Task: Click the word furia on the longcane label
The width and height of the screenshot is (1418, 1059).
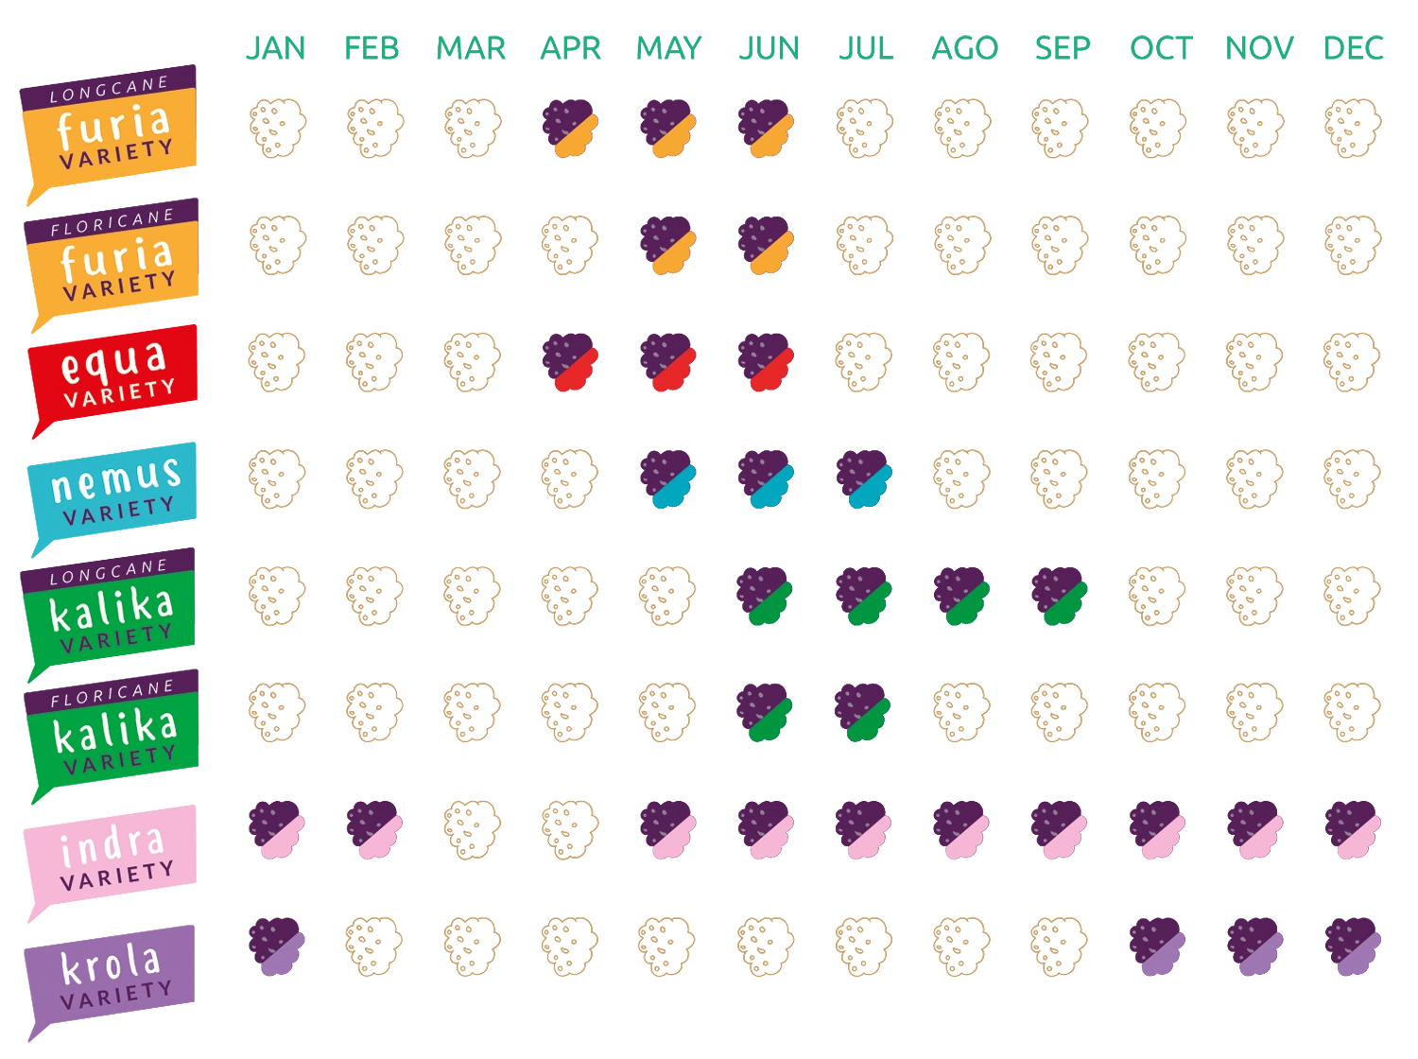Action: (x=113, y=124)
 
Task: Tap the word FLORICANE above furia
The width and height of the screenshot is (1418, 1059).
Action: (x=112, y=221)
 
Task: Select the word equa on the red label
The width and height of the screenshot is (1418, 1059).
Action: (x=113, y=361)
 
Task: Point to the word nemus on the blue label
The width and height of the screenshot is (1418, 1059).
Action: (x=115, y=479)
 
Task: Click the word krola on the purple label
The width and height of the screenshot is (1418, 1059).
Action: (x=111, y=964)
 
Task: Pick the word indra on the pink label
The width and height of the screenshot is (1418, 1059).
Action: (x=112, y=844)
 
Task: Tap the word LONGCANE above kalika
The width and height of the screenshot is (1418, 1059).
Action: (x=108, y=570)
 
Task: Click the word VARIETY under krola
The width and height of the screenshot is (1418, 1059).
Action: (x=116, y=995)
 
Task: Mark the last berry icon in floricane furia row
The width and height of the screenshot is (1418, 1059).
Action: (x=765, y=247)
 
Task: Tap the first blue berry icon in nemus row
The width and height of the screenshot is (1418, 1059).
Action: (x=666, y=481)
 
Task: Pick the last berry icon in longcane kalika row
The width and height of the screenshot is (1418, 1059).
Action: (x=1059, y=599)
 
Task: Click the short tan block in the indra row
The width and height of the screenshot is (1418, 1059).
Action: (x=539, y=828)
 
